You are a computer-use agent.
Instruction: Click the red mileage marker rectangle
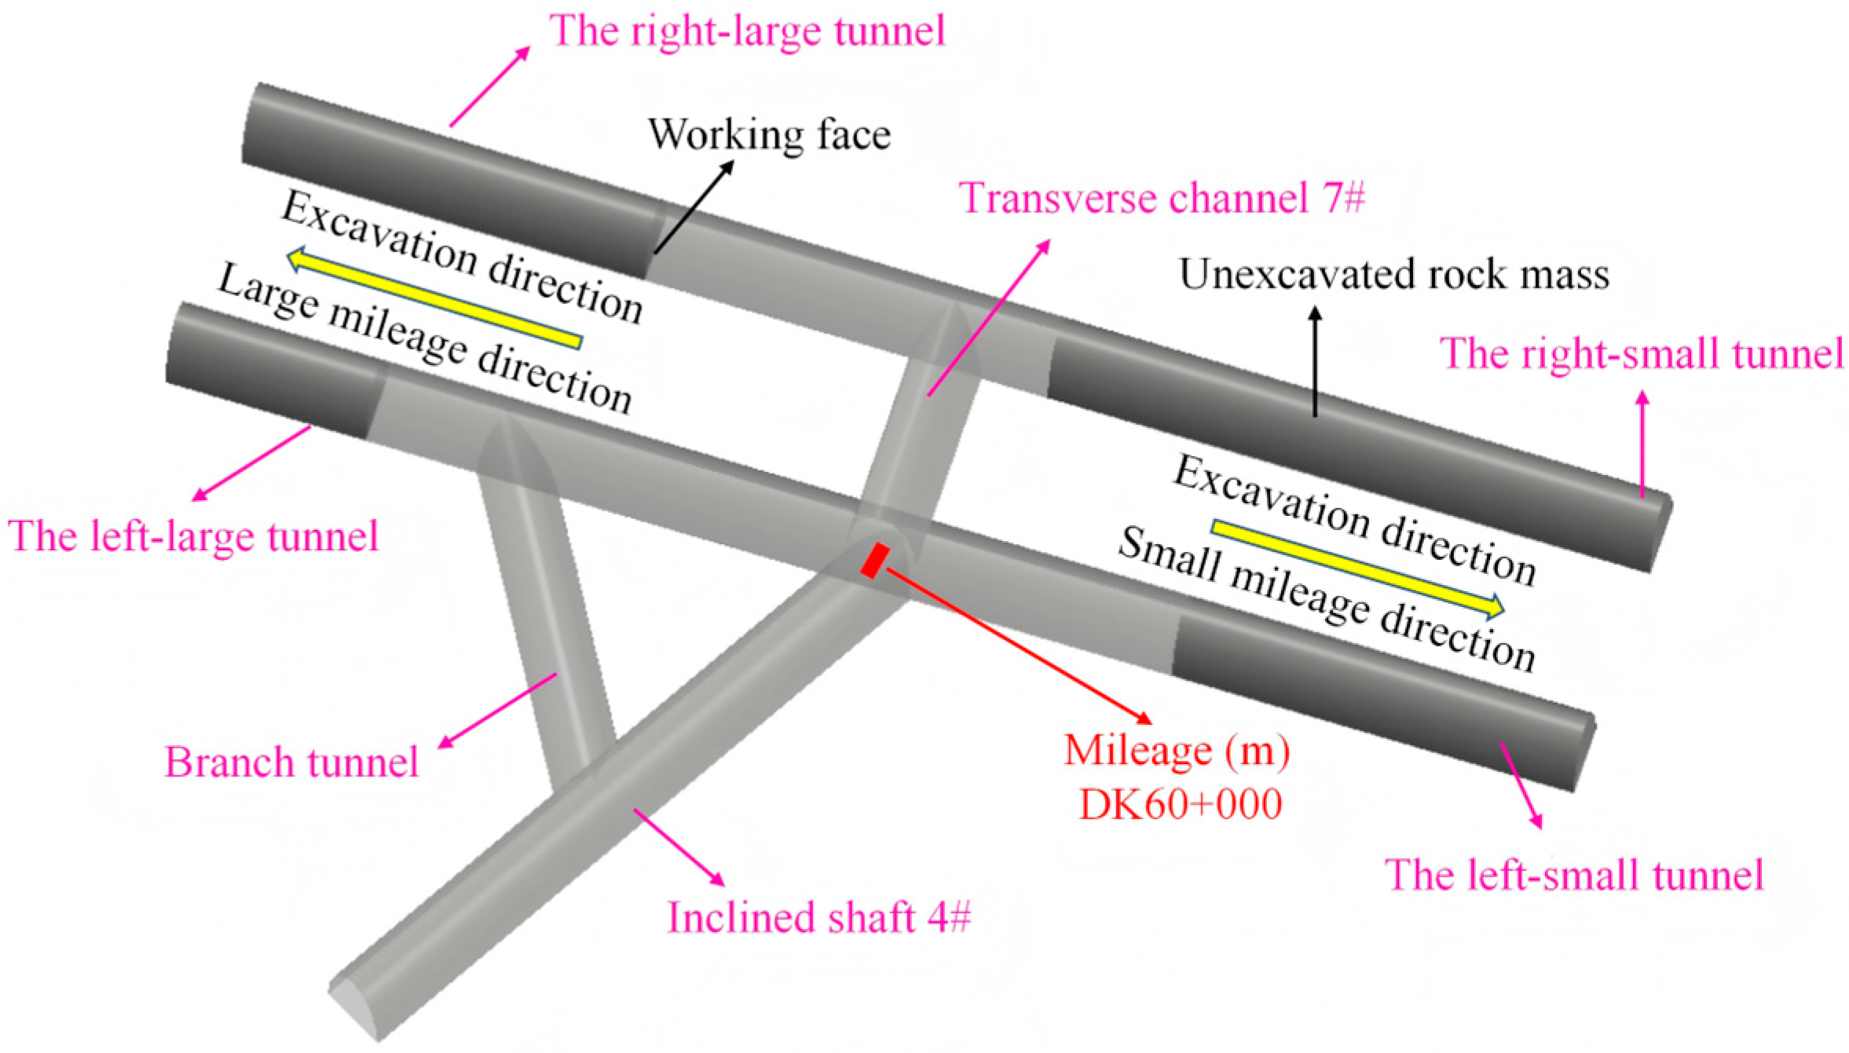click(874, 561)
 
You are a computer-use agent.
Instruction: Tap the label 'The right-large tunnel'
click(747, 31)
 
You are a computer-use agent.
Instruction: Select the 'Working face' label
click(769, 134)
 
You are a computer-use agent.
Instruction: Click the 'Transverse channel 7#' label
click(1162, 197)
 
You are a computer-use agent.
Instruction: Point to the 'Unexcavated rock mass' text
click(1394, 275)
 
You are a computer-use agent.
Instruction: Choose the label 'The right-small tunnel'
click(1642, 353)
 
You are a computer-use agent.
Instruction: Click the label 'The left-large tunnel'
click(193, 537)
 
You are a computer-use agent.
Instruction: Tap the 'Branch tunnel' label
click(291, 762)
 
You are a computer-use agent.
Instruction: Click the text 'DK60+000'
click(1181, 804)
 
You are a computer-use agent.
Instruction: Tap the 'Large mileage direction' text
click(424, 338)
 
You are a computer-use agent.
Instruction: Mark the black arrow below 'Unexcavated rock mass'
click(1315, 361)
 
